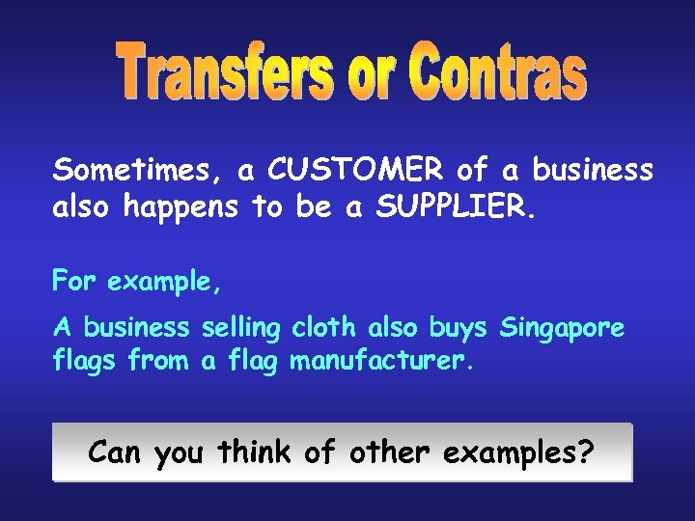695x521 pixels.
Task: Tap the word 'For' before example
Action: tap(75, 284)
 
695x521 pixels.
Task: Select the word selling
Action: tap(240, 329)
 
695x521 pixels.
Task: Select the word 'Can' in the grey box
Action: tap(118, 451)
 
